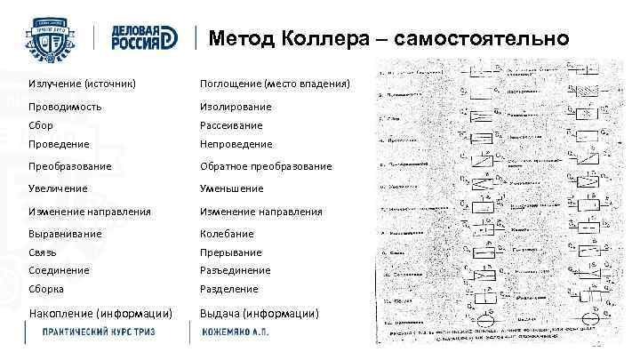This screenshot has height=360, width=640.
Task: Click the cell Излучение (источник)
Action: [82, 83]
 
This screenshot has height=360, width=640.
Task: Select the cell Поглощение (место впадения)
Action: [275, 83]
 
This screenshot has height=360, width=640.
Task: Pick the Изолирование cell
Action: [236, 106]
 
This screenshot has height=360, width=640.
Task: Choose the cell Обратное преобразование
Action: [266, 166]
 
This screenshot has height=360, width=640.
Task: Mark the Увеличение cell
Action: [59, 188]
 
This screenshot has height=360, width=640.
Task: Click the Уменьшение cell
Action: [232, 188]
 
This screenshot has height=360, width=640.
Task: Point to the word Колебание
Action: [227, 234]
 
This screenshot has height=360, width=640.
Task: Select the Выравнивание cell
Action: [65, 234]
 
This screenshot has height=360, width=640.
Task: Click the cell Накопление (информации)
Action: [100, 312]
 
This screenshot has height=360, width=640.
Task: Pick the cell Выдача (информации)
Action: [259, 312]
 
